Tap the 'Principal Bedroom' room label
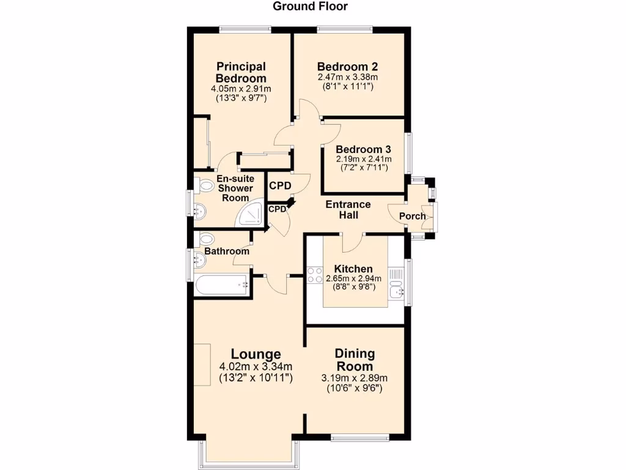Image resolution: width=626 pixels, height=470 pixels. tap(241, 72)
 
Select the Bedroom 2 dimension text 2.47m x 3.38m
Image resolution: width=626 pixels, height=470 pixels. tap(347, 78)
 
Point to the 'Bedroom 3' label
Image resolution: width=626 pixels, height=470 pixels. tap(363, 149)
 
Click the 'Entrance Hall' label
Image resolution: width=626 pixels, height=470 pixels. tap(347, 209)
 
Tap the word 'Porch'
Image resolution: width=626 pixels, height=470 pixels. tap(412, 216)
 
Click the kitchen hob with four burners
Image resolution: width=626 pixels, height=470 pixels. tap(315, 275)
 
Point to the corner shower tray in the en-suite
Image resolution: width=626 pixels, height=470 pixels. tap(251, 214)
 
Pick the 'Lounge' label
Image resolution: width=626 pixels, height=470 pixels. tap(256, 354)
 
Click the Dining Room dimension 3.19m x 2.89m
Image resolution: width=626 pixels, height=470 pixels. tap(355, 378)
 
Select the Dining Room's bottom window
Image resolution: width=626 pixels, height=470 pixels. tap(360, 437)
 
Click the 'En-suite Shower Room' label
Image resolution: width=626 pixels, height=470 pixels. tap(235, 188)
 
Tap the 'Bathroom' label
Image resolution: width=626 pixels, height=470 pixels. tap(227, 251)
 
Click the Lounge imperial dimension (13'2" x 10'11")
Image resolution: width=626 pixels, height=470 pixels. tap(256, 378)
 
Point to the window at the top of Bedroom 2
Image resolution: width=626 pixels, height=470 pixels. tap(345, 28)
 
